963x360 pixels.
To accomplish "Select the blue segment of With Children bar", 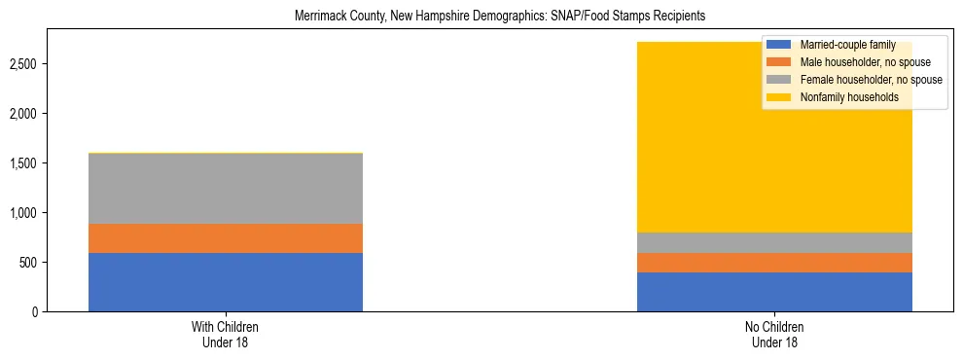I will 226,282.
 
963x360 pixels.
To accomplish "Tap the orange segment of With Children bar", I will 226,238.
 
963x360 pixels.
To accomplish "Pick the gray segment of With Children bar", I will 226,189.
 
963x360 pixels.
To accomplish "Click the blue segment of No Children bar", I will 774,292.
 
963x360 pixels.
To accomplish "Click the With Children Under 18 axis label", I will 226,335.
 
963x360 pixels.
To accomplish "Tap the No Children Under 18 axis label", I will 774,335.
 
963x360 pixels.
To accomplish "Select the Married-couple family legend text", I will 840,45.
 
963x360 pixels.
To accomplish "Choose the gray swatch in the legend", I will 779,80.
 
